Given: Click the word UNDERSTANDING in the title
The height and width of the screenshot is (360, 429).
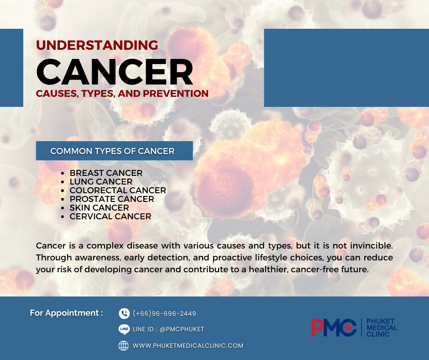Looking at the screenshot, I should click(97, 45).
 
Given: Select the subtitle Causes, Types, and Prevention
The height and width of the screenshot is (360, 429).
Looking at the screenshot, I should click(122, 94).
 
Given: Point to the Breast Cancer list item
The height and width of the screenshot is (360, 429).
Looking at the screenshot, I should click(106, 173).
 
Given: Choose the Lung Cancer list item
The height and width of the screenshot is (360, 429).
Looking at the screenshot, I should click(101, 182).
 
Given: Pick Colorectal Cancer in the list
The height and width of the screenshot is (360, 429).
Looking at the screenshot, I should click(118, 191).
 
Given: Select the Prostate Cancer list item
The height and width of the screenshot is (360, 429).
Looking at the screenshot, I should click(112, 199).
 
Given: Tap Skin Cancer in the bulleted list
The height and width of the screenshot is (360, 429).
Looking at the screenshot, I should click(99, 208).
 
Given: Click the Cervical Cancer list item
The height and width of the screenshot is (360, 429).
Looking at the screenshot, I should click(110, 217).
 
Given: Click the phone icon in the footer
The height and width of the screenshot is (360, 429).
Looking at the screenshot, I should click(124, 313).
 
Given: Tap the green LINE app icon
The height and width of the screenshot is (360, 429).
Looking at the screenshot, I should click(124, 329).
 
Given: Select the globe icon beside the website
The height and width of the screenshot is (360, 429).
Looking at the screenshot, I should click(124, 346).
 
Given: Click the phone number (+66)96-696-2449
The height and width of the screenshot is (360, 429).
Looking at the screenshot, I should click(164, 313).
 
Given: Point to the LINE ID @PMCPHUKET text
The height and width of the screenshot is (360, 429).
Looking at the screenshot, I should click(168, 329).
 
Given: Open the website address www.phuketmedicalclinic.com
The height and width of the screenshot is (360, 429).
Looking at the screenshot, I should click(188, 346).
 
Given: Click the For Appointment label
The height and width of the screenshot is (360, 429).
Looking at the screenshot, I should click(66, 313).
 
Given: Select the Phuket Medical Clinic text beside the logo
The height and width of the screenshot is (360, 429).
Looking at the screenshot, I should click(382, 328).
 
